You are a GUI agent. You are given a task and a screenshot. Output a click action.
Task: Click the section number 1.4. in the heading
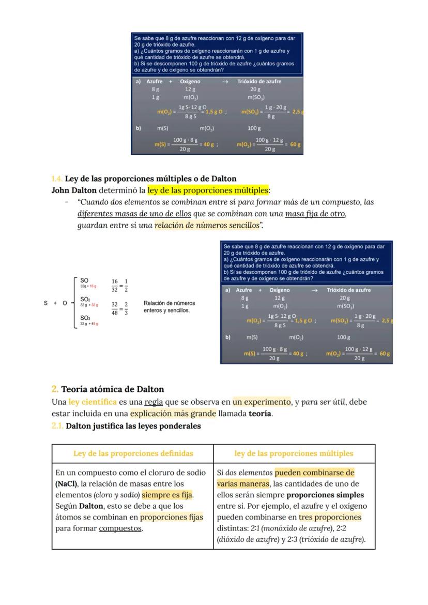click(x=57, y=179)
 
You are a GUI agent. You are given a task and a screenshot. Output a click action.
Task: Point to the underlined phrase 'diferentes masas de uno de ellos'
click(x=134, y=214)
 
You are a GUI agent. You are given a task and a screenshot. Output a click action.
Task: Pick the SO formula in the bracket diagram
click(x=84, y=281)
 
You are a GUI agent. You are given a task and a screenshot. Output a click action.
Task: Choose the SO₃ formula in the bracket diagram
click(x=85, y=318)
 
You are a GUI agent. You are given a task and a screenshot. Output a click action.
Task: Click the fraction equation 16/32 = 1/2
click(x=120, y=285)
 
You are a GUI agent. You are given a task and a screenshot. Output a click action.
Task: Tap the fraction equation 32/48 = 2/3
click(x=120, y=308)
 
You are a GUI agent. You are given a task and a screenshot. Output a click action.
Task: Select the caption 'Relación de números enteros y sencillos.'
click(x=169, y=306)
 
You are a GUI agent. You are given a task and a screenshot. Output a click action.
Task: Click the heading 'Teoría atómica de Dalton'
click(x=112, y=389)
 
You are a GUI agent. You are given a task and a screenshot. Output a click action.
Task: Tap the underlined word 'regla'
click(x=154, y=402)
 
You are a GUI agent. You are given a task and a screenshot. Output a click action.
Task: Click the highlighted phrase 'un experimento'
click(x=262, y=402)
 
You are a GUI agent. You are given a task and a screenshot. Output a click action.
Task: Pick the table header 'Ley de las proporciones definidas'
click(x=133, y=453)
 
